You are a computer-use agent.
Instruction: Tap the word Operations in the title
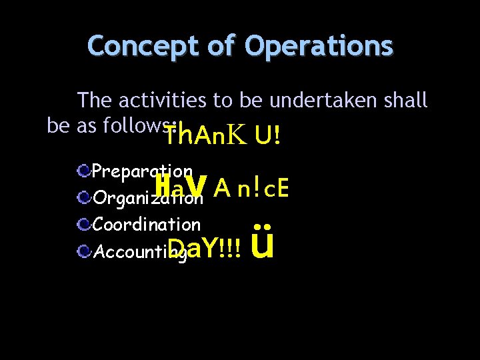tap(319, 47)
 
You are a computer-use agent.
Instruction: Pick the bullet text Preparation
tap(143, 172)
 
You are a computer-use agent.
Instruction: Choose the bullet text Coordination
tap(147, 225)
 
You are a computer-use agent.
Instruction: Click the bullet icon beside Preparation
tap(84, 172)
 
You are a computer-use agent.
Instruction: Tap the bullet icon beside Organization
tap(84, 198)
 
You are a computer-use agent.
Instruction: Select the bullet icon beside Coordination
tap(84, 225)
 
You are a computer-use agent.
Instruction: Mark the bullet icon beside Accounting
tap(84, 251)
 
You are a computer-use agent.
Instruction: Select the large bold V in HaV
tap(195, 188)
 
